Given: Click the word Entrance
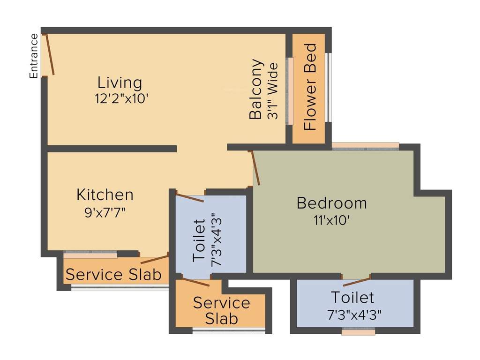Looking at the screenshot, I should [x=34, y=56].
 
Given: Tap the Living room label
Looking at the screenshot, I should [x=120, y=82].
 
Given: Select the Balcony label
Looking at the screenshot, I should [x=256, y=89].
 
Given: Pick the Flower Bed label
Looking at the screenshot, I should [x=310, y=87].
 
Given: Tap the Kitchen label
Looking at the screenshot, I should [x=105, y=195].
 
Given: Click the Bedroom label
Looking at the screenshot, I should [x=332, y=203].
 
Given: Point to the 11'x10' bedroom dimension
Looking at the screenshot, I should [x=332, y=220].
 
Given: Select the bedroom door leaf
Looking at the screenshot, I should [x=256, y=167].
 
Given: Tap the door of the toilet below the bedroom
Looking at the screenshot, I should [x=356, y=281].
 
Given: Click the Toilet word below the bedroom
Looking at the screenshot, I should [x=352, y=297].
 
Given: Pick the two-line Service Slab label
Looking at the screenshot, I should [x=222, y=311].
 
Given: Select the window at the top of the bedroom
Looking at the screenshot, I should [x=365, y=146].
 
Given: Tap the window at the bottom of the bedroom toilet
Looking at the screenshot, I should [x=358, y=332].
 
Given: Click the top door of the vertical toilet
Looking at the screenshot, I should [x=190, y=197].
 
